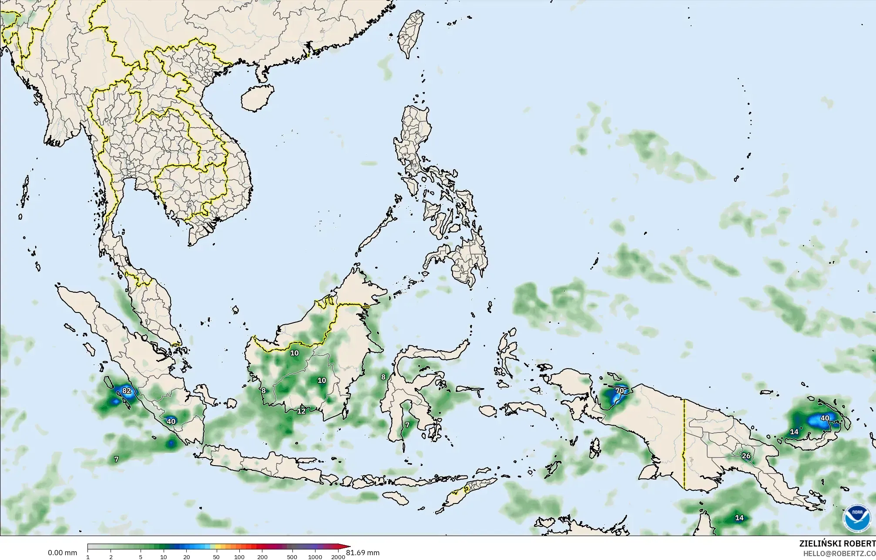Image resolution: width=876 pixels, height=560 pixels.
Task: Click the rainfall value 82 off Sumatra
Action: [126, 391]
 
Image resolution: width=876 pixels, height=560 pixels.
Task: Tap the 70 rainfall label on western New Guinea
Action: [619, 391]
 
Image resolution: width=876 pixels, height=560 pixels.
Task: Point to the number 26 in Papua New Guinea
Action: [746, 456]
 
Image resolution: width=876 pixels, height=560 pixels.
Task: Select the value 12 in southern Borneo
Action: [301, 411]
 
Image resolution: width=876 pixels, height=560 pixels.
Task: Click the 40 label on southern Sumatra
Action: [171, 421]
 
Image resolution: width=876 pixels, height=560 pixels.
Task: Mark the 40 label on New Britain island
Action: [825, 418]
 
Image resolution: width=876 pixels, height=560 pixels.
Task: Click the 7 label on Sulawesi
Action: [407, 425]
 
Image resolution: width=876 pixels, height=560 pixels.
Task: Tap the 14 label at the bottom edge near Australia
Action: [739, 518]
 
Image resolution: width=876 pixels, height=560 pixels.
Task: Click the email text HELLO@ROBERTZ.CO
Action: [839, 553]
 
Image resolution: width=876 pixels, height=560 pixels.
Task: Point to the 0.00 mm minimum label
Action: [62, 553]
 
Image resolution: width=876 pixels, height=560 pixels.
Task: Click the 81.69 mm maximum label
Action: [363, 553]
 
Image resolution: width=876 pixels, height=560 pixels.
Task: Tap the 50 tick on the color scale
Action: [216, 557]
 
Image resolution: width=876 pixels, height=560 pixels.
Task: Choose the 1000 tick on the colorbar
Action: [315, 557]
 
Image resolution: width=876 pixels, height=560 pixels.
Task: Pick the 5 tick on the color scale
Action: [141, 557]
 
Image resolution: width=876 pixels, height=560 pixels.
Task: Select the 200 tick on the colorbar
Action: [262, 557]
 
